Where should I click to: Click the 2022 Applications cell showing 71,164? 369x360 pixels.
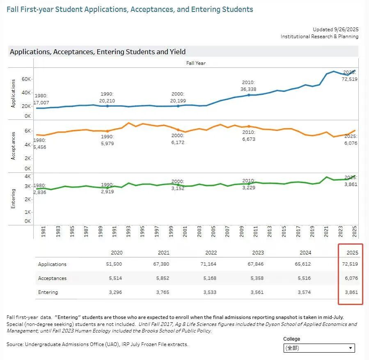(x=208, y=264)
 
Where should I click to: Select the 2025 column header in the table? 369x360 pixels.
(x=352, y=253)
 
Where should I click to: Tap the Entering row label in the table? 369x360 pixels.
(x=48, y=292)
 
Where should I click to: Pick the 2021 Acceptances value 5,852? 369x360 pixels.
(x=163, y=278)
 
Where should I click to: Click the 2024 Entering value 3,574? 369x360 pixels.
(x=304, y=292)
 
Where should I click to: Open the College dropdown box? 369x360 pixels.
(x=319, y=348)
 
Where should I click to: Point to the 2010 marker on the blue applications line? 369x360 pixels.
(x=249, y=95)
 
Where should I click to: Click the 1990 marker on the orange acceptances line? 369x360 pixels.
(x=108, y=131)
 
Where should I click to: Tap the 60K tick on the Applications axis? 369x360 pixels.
(x=26, y=79)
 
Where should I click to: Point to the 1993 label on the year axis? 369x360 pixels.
(x=128, y=231)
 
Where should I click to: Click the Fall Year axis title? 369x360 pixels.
(x=196, y=63)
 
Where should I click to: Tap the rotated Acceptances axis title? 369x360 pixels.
(x=13, y=146)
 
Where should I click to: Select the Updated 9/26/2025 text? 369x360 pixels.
(x=336, y=30)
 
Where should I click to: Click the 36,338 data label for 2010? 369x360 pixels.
(x=248, y=89)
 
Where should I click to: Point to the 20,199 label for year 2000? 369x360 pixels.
(x=178, y=101)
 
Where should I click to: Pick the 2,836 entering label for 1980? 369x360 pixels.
(x=40, y=192)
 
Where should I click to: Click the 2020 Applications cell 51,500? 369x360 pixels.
(x=114, y=264)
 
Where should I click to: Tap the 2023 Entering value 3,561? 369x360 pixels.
(x=257, y=292)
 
